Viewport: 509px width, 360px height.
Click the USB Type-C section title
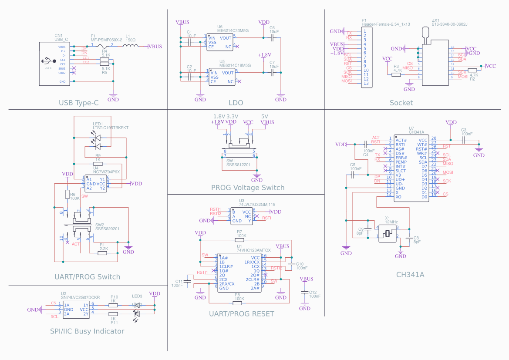coord(79,103)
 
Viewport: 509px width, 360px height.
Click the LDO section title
coord(236,103)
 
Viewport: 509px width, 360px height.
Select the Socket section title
coord(401,103)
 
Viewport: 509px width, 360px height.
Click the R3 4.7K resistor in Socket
coord(396,75)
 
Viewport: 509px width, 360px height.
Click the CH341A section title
coord(410,275)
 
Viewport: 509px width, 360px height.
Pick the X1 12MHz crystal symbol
coord(387,234)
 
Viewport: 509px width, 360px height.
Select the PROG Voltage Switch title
coord(248,188)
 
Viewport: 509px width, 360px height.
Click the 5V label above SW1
coord(265,117)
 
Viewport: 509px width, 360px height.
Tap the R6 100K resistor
coord(67,195)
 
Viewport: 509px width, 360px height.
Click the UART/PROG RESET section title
coord(242,313)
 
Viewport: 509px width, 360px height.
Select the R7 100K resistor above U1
coord(239,240)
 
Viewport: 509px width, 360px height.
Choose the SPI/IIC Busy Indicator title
coord(87,331)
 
